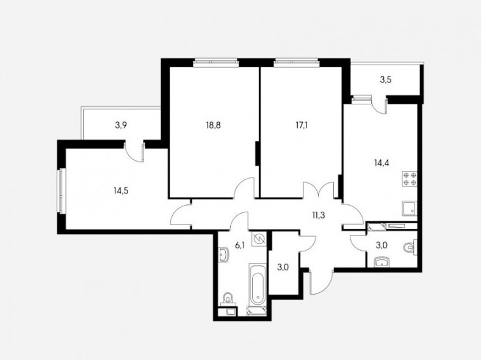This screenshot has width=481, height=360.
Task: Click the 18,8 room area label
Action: pyautogui.click(x=213, y=125)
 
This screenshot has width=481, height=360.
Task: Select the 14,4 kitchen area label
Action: pyautogui.click(x=382, y=163)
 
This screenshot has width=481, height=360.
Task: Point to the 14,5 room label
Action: pyautogui.click(x=121, y=191)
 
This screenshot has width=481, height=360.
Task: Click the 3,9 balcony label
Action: pyautogui.click(x=121, y=125)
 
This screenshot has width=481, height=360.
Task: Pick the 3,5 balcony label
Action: pyautogui.click(x=386, y=80)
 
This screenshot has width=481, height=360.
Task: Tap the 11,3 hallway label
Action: pyautogui.click(x=317, y=215)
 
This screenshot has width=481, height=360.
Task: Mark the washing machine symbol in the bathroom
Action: pyautogui.click(x=259, y=239)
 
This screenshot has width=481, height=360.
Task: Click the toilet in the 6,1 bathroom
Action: pyautogui.click(x=228, y=298)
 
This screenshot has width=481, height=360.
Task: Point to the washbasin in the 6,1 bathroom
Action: pyautogui.click(x=223, y=255)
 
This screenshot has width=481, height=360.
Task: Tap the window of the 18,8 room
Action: pyautogui.click(x=216, y=63)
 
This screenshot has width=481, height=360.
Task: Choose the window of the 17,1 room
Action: pyautogui.click(x=297, y=63)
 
